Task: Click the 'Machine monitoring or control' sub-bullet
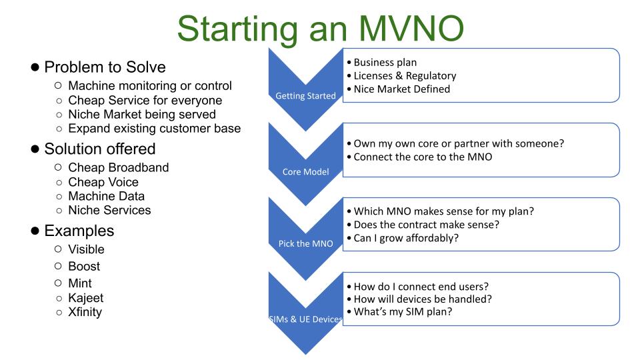point(150,86)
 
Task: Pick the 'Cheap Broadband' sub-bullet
point(118,167)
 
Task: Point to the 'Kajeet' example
point(85,297)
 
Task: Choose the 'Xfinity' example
point(85,311)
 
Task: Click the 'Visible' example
point(86,249)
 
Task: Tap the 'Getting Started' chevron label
point(305,96)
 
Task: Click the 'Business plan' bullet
point(382,62)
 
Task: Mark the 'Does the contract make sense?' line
point(424,225)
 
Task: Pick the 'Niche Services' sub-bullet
point(109,210)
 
